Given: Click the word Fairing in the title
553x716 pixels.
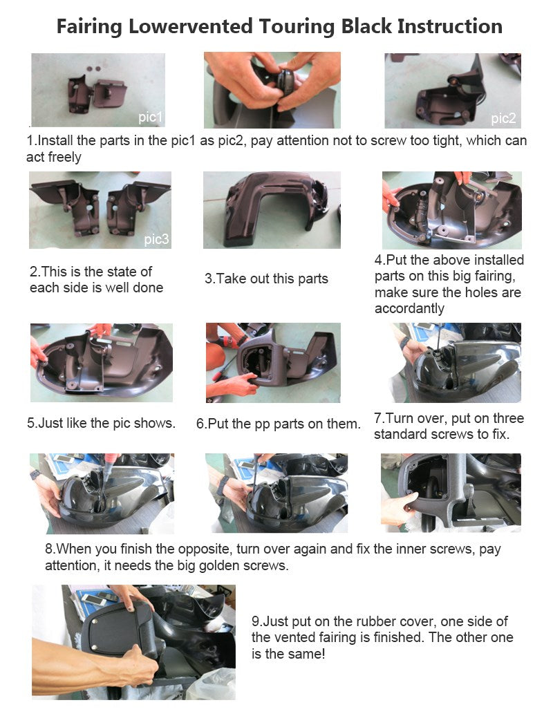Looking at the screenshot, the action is coord(89,27).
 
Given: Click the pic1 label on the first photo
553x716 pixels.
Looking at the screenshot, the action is coord(150,117).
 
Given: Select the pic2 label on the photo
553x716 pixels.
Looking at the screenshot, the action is coord(503,118).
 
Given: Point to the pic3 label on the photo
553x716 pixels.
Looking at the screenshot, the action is coord(156,239).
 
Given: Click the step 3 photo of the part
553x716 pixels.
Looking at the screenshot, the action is coord(272,210).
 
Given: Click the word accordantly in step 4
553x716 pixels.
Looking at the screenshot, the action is coord(409,309).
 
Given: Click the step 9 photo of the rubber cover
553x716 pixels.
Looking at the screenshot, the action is coord(134,642).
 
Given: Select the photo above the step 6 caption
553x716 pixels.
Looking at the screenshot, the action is coord(273,363).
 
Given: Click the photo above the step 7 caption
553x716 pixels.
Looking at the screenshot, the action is coord(455,363).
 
